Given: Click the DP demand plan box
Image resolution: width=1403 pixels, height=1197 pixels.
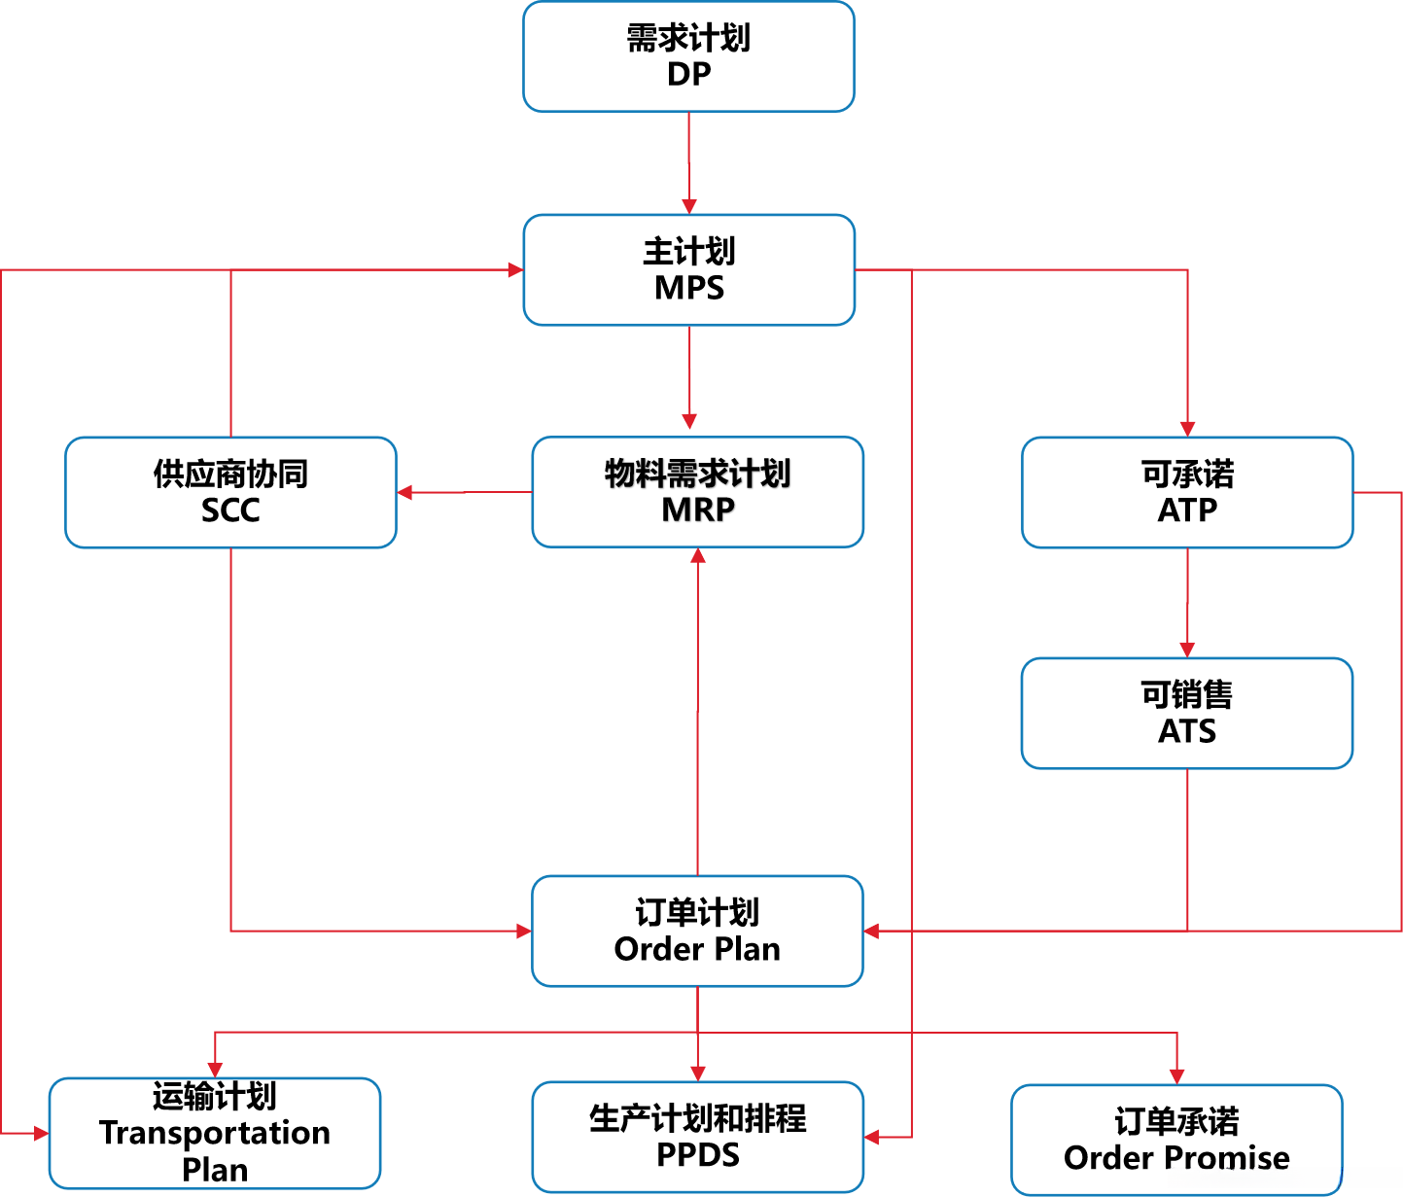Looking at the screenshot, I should click(688, 56).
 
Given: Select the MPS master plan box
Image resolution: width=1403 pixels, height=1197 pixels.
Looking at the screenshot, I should click(688, 269).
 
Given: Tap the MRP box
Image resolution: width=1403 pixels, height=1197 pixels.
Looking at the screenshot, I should click(697, 492).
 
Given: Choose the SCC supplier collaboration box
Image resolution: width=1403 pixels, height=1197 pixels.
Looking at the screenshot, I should click(230, 492).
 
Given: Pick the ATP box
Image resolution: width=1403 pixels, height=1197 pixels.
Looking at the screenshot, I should click(1187, 492).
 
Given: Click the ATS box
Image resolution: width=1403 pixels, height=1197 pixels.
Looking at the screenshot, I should click(1187, 713).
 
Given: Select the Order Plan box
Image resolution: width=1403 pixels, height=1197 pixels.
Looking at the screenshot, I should click(697, 931).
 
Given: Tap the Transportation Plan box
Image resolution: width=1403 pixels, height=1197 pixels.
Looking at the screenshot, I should click(215, 1133).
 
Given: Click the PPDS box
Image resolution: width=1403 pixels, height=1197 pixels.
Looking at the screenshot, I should click(697, 1137).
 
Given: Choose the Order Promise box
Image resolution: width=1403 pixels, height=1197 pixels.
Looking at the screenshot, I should click(1176, 1140).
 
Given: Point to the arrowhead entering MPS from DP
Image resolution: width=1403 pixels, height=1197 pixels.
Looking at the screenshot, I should click(689, 206).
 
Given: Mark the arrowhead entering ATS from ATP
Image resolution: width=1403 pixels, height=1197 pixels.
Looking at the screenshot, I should click(1187, 650).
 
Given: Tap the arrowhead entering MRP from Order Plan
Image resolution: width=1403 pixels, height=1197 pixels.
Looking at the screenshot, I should click(697, 556).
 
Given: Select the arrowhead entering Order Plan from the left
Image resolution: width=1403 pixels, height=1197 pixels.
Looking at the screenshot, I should click(523, 931).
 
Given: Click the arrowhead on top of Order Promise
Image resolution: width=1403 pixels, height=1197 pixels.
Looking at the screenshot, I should click(1176, 1076).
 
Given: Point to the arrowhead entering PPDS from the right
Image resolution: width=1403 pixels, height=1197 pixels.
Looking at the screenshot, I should click(872, 1137).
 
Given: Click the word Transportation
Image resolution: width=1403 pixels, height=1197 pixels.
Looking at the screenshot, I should click(215, 1133).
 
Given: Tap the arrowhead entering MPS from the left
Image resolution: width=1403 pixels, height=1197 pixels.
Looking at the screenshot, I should click(515, 270).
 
